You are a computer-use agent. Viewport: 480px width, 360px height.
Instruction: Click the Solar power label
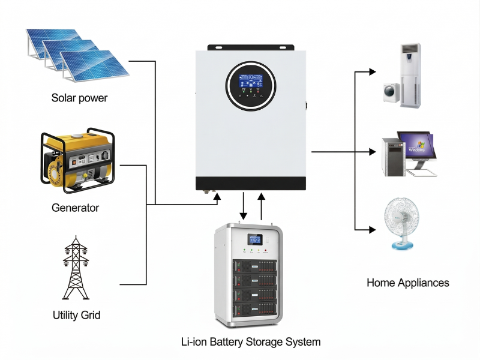tap(79, 98)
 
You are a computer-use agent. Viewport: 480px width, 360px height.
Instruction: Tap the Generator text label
tap(75, 208)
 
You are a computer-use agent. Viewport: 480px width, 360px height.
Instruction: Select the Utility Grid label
tap(76, 314)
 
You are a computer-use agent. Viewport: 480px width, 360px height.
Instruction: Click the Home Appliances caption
tap(407, 283)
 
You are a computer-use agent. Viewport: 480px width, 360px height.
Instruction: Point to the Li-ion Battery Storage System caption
tap(251, 342)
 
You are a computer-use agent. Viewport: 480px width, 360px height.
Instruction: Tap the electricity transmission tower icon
tap(76, 269)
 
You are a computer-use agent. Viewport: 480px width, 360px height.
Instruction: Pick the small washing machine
tap(392, 92)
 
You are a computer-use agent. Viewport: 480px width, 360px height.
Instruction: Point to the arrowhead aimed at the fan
tap(373, 229)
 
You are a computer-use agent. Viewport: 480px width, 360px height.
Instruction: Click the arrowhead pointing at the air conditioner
tap(373, 72)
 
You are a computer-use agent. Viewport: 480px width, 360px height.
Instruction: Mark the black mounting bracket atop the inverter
tap(251, 47)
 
